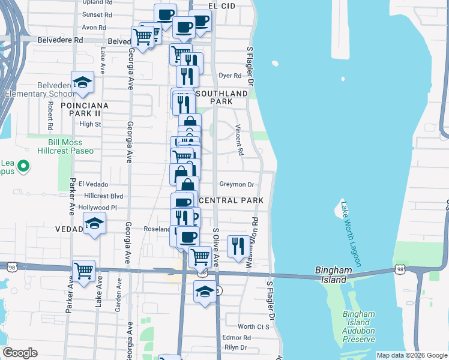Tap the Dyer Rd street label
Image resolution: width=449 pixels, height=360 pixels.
[x=230, y=76]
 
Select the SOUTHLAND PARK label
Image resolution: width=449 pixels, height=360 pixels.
[x=222, y=98]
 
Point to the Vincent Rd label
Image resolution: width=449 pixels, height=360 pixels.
[x=239, y=140]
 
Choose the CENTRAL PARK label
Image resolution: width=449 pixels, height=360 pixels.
[x=231, y=200]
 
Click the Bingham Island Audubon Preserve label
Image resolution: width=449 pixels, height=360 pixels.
[x=358, y=326]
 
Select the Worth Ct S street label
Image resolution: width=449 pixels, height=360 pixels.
[x=253, y=326]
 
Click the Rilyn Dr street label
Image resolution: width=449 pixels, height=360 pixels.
[x=235, y=347]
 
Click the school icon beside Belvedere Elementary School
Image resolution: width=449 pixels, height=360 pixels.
[x=83, y=82]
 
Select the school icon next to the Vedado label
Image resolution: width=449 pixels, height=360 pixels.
[x=94, y=224]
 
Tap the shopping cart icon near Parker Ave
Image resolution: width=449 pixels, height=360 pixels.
[x=83, y=270]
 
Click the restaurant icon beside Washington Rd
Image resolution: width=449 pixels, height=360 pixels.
[x=238, y=245]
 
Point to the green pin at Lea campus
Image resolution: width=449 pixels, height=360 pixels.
[x=23, y=165]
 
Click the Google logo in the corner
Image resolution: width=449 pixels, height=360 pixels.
[x=20, y=353]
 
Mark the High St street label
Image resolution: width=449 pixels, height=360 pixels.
[x=90, y=124]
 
